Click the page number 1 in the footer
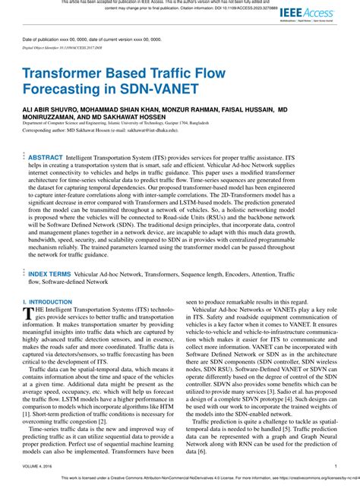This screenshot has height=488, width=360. pos(335,466)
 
